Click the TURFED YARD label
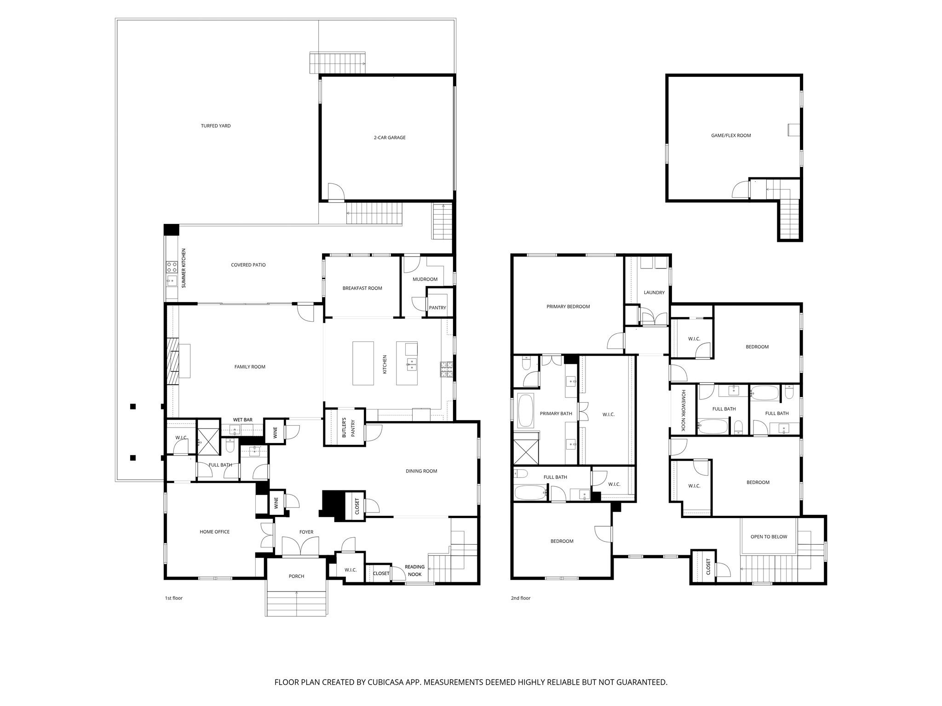tap(216, 126)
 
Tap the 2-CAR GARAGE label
tap(389, 137)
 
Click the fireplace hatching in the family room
tap(172, 361)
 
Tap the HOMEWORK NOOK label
tap(684, 410)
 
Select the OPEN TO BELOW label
tap(769, 536)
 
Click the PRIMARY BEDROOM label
tap(568, 307)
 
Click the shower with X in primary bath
tap(526, 448)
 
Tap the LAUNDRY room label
tap(654, 292)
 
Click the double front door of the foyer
tap(300, 547)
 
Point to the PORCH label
tap(296, 576)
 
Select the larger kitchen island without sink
tap(363, 363)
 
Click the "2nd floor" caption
tap(520, 598)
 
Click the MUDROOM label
tap(425, 279)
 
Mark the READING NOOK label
tap(414, 570)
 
